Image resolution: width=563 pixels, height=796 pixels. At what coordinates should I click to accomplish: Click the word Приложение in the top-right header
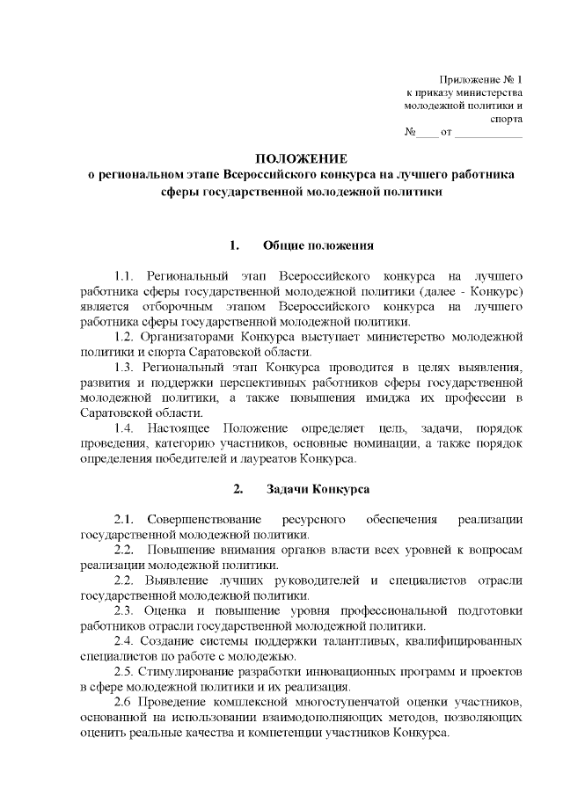(x=465, y=79)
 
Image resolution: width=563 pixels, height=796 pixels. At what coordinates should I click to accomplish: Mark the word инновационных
(x=342, y=672)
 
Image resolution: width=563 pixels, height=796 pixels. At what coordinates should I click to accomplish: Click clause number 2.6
(x=125, y=703)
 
